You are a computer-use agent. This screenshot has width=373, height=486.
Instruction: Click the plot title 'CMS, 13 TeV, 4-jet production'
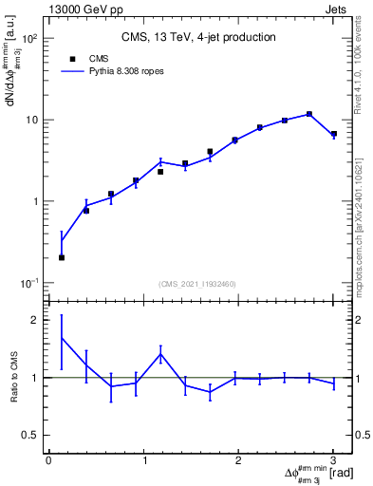pyautogui.click(x=198, y=38)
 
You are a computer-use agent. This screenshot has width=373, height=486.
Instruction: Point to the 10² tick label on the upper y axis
pyautogui.click(x=28, y=39)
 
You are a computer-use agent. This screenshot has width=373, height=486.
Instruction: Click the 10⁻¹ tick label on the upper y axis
pyautogui.click(x=28, y=283)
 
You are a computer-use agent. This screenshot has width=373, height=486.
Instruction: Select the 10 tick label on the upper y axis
pyautogui.click(x=31, y=121)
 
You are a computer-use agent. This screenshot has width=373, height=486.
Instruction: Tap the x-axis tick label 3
pyautogui.click(x=333, y=460)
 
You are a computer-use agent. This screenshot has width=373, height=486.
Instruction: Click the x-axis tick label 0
pyautogui.click(x=48, y=460)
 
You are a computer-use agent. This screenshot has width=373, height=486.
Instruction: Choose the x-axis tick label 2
pyautogui.click(x=238, y=460)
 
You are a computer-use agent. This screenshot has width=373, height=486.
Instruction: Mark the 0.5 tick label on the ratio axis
pyautogui.click(x=28, y=435)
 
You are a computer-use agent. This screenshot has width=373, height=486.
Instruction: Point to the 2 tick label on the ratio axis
pyautogui.click(x=34, y=320)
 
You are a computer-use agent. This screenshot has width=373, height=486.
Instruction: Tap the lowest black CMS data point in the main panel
pyautogui.click(x=62, y=257)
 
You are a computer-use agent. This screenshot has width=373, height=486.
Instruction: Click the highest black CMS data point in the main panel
pyautogui.click(x=309, y=114)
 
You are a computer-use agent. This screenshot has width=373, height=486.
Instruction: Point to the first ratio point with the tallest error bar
pyautogui.click(x=62, y=338)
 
